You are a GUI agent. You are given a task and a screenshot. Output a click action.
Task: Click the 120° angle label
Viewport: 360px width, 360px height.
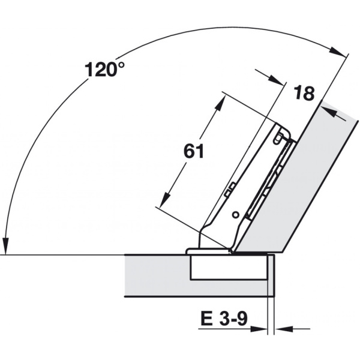click(104, 69)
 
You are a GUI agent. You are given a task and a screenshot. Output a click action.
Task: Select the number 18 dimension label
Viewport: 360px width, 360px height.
click(304, 93)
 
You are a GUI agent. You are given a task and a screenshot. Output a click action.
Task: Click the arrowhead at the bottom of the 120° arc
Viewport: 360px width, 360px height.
click(5, 247)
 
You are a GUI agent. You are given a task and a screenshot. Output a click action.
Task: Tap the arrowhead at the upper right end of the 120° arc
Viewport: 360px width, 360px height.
click(337, 52)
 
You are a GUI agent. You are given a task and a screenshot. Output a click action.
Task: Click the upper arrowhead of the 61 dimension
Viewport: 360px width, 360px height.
click(219, 104)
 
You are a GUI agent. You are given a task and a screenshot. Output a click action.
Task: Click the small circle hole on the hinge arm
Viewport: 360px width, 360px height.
click(236, 215)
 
